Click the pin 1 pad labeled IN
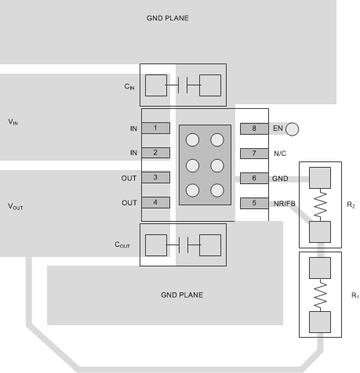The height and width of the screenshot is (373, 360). tap(156, 128)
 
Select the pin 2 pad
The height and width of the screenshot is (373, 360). tap(156, 152)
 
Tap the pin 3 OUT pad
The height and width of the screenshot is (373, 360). tap(156, 178)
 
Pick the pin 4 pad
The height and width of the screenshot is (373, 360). tap(156, 203)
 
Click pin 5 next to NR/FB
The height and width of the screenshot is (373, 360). tap(253, 203)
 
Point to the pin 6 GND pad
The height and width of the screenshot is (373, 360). tap(253, 178)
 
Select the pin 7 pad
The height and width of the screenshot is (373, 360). tap(253, 153)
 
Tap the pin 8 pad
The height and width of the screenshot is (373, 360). tap(253, 128)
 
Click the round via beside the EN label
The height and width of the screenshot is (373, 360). tap(293, 129)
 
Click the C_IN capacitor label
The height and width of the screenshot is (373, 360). tap(129, 86)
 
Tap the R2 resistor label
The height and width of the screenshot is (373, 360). tap(351, 205)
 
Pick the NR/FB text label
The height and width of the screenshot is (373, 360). tap(284, 203)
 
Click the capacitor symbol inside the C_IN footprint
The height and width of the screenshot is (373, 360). tap(183, 85)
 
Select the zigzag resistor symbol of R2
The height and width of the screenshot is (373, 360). tap(320, 205)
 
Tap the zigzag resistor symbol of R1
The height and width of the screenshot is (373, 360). tap(320, 295)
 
